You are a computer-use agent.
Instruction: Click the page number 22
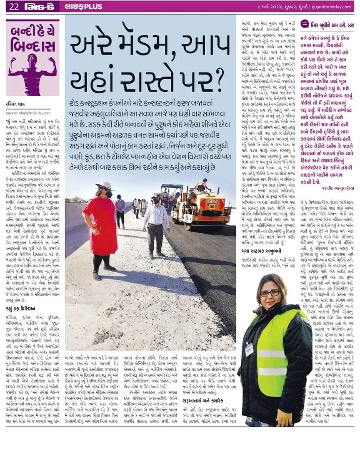click(14, 7)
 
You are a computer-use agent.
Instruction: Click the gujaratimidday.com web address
click(331, 7)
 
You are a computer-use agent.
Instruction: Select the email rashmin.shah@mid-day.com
click(28, 113)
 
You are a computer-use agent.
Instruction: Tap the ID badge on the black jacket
click(249, 349)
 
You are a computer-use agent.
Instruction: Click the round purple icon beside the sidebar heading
click(304, 25)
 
